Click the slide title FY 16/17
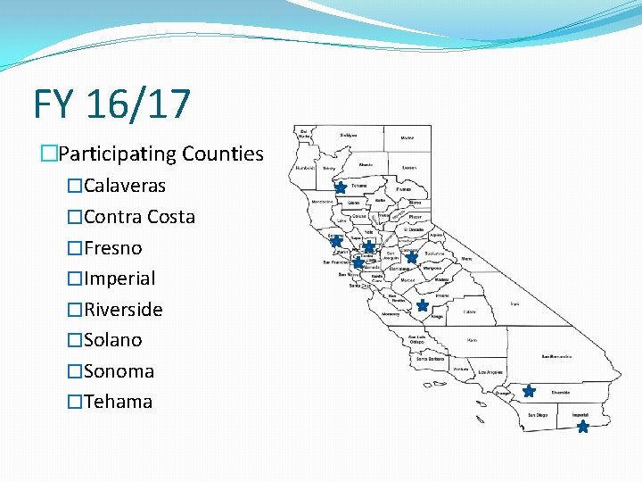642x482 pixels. (x=112, y=104)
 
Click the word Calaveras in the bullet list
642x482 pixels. (x=124, y=186)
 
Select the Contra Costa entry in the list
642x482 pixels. (x=139, y=217)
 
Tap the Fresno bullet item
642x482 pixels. (x=112, y=248)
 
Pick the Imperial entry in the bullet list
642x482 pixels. (x=119, y=278)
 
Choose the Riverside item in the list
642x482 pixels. (x=123, y=310)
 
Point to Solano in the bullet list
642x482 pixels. (x=112, y=340)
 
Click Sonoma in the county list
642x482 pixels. (x=119, y=371)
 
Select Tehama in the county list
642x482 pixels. (x=118, y=402)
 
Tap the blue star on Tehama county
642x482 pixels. (x=341, y=188)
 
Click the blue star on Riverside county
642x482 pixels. (x=529, y=391)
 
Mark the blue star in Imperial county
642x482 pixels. (x=583, y=428)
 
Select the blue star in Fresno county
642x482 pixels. (x=422, y=305)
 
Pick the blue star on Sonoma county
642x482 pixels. (x=336, y=241)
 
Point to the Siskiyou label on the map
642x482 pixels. (x=349, y=135)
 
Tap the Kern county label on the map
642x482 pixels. (x=473, y=340)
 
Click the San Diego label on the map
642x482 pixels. (x=538, y=415)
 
